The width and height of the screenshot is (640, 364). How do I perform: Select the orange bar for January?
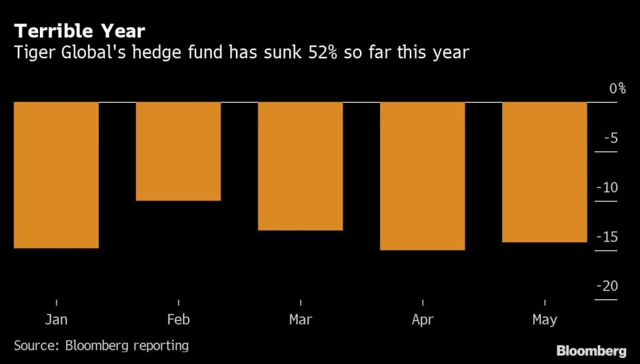(56, 175)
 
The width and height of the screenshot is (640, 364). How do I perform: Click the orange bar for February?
(178, 151)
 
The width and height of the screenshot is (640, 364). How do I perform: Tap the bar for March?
(300, 166)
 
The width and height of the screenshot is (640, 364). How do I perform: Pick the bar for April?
(422, 176)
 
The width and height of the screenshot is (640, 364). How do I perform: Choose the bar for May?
(544, 172)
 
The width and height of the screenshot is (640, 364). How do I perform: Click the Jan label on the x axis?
(56, 320)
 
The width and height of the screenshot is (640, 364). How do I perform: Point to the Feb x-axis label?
(178, 320)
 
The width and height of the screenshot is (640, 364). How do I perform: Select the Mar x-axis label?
(300, 320)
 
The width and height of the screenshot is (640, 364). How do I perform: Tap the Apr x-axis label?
(422, 320)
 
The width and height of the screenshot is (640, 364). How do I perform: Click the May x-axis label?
(544, 320)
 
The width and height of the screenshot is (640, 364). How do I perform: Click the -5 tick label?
(611, 138)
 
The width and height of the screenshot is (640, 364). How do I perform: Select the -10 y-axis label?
(607, 188)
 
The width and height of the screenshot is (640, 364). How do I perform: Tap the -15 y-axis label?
(607, 237)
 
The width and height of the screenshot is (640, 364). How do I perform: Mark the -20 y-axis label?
(607, 287)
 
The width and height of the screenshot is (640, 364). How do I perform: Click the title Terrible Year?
(79, 31)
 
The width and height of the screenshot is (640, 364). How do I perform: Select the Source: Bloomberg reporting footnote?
(101, 345)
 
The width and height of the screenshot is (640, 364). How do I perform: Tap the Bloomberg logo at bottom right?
(591, 351)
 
